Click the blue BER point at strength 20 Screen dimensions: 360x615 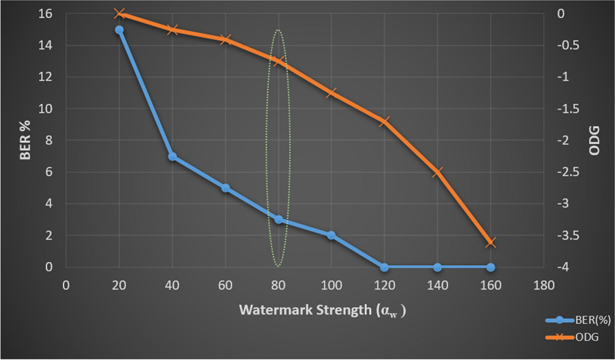pos(119,30)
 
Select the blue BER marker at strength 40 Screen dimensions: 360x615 pos(172,157)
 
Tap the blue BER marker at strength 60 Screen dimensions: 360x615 pos(225,188)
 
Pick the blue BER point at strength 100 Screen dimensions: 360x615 pos(331,235)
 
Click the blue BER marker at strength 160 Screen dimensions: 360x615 pos(490,267)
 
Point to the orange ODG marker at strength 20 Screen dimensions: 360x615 pos(119,14)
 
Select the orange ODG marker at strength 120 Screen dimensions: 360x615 pos(384,122)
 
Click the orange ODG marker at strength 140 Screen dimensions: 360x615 pos(437,172)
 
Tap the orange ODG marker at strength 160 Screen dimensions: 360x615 pos(490,243)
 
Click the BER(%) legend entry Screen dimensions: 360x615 pos(594,320)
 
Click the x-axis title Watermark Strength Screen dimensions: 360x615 pos(322,310)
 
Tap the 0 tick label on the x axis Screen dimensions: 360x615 pos(66,286)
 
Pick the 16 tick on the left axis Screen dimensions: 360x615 pos(45,14)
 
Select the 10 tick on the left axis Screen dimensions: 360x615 pos(45,109)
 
